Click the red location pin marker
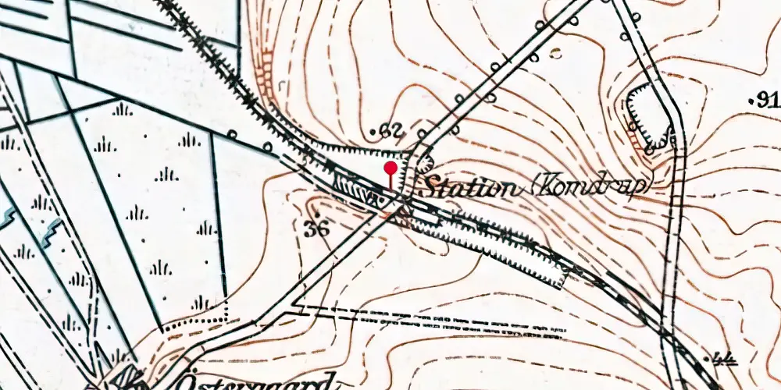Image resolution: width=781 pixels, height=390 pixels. pyautogui.click(x=390, y=168)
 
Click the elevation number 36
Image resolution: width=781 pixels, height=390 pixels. pyautogui.click(x=316, y=229)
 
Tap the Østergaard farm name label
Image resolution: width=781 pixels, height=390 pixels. pyautogui.click(x=274, y=381)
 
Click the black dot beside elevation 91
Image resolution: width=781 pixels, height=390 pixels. pyautogui.click(x=751, y=101)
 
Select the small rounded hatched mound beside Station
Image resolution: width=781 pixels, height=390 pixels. pyautogui.click(x=425, y=162)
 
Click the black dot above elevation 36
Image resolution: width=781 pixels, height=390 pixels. pyautogui.click(x=317, y=213)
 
